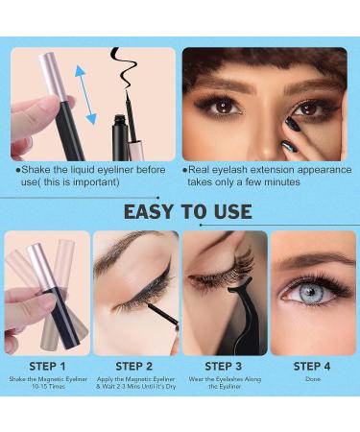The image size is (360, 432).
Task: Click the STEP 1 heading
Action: tap(47, 366)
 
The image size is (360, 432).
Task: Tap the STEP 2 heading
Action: tap(134, 366)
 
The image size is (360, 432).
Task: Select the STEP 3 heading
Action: tap(223, 366)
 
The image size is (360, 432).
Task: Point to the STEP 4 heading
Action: tap(312, 366)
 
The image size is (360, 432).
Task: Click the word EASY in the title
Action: tap(150, 211)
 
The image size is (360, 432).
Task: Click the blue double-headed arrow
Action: tap(85, 94)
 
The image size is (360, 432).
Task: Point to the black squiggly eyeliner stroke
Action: tap(123, 67)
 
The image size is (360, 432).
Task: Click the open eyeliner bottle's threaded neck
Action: tap(120, 120)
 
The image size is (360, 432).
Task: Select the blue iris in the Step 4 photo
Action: tap(311, 292)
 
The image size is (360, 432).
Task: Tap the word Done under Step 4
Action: tap(313, 379)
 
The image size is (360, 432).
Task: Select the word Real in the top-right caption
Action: tap(198, 170)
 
